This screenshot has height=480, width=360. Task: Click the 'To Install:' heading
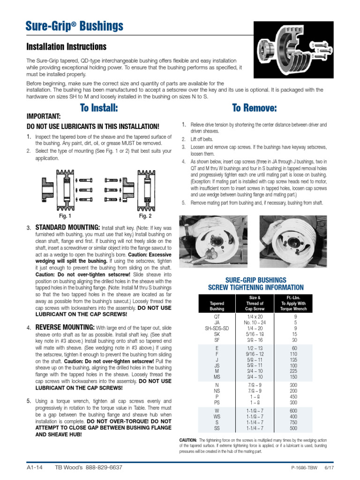(x=98, y=108)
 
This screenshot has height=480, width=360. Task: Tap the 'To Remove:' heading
(x=255, y=108)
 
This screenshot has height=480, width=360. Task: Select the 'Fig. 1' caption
(x=65, y=216)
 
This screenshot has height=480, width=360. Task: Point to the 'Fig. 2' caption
(x=145, y=216)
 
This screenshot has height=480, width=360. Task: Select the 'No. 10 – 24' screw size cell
(x=255, y=322)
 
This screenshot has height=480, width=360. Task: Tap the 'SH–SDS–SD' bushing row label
(x=217, y=329)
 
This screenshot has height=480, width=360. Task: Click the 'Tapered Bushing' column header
(x=217, y=306)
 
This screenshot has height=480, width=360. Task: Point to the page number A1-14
(x=36, y=468)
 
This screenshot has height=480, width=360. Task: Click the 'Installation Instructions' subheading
(x=67, y=47)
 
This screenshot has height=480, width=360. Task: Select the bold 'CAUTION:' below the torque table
(x=188, y=440)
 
